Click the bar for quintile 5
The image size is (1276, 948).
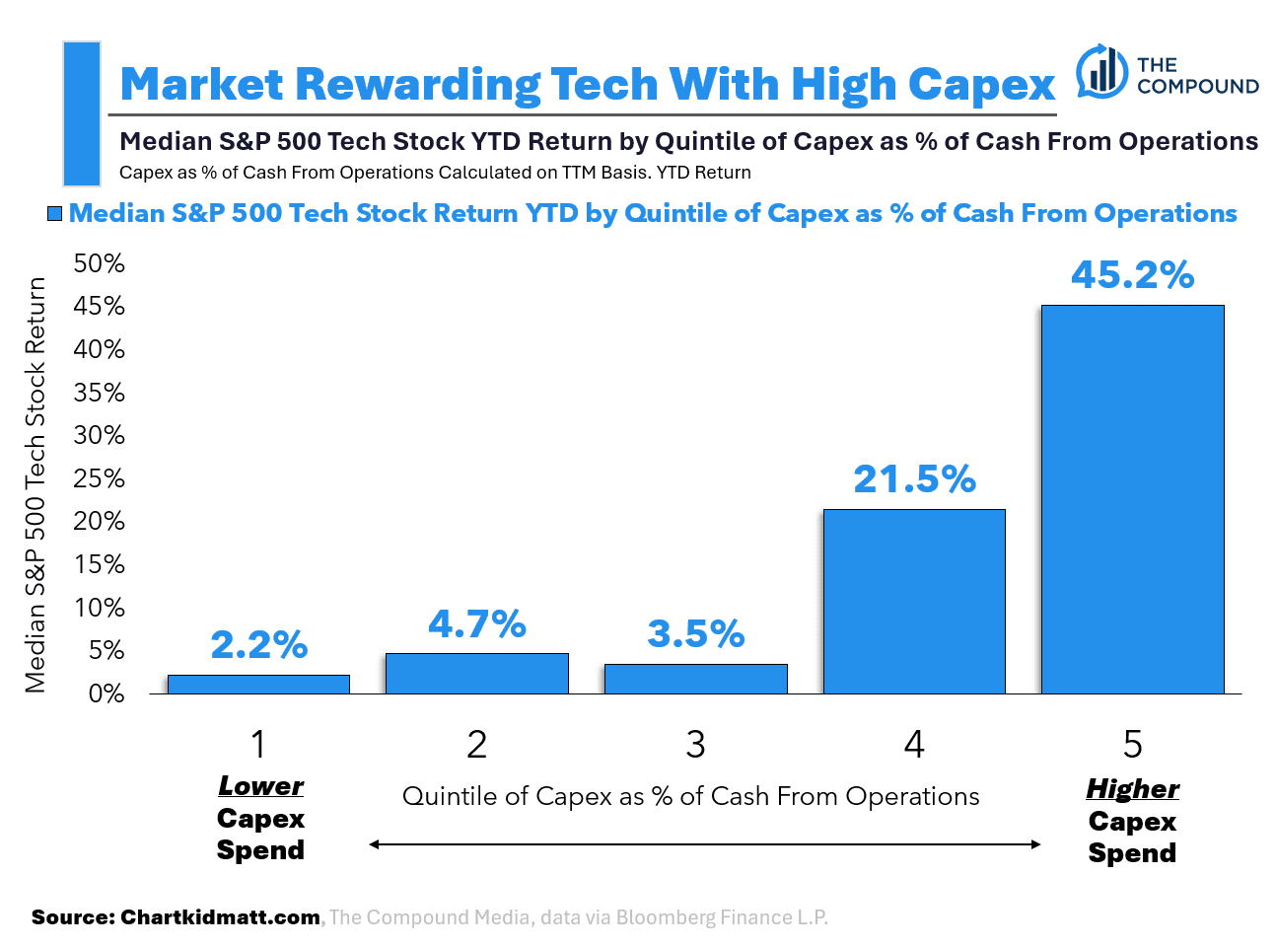1132,499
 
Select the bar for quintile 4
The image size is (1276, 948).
914,602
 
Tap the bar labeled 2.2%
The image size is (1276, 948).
258,684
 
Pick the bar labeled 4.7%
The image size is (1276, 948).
477,674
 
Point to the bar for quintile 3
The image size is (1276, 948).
695,679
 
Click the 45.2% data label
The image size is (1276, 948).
1132,274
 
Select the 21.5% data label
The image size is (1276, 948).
914,479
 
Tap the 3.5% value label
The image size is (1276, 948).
695,633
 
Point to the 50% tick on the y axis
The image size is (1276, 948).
100,263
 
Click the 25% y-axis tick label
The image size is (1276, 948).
100,478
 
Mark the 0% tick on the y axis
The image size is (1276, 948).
106,693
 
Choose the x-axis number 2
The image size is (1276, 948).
477,745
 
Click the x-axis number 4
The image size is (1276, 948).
914,745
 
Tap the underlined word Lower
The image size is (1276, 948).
260,786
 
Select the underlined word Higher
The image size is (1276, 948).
1132,789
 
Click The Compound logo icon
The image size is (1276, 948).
1101,71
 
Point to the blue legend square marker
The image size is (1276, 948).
54,213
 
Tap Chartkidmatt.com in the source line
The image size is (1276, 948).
220,917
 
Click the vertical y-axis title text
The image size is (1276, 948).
35,484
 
